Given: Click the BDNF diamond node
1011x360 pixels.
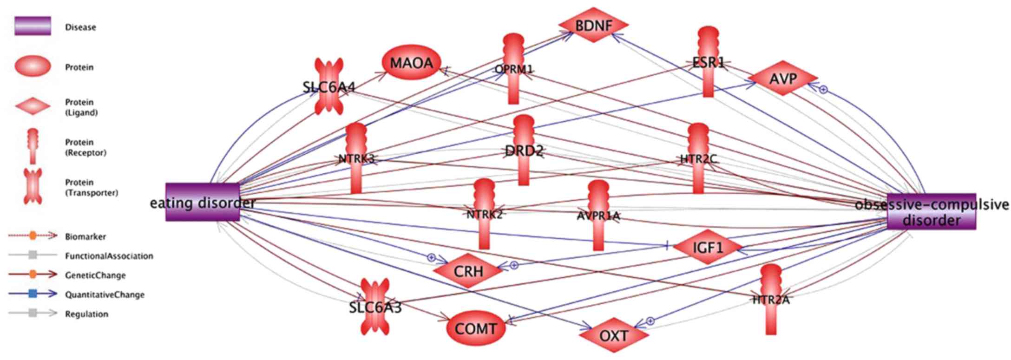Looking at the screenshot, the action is coord(593,26).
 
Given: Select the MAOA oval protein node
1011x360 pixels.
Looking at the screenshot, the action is coord(411,63).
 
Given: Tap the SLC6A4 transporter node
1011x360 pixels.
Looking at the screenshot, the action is coord(329,86).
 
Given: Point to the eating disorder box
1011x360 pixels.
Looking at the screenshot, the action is coord(203,203).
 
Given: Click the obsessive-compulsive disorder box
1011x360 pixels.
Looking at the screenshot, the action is coord(931,212).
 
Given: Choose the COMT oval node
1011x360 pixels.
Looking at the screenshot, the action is coord(475,329).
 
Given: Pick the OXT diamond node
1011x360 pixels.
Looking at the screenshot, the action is coord(614,335).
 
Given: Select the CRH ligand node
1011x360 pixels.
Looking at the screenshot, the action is coord(468,271).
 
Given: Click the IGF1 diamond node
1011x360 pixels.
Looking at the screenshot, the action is coord(708,248).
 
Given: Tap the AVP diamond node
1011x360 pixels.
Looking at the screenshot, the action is coord(783,79).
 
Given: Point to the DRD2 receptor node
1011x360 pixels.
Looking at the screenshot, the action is coord(524,151).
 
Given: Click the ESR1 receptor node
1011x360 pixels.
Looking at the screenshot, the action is coord(708,62).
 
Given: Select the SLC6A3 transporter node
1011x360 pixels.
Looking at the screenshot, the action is coord(375,307).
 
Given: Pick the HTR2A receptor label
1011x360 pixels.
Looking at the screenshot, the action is coord(771,300).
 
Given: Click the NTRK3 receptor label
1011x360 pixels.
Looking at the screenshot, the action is coord(356,159).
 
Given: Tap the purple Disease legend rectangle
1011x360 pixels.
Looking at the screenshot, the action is coord(33,26).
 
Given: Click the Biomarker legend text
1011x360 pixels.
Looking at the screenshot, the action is coord(85,236).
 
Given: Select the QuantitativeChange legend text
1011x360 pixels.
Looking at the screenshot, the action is coord(105,295).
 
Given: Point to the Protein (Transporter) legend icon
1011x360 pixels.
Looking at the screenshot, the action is coord(33,187).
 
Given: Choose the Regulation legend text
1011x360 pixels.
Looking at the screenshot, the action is coord(86,314).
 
